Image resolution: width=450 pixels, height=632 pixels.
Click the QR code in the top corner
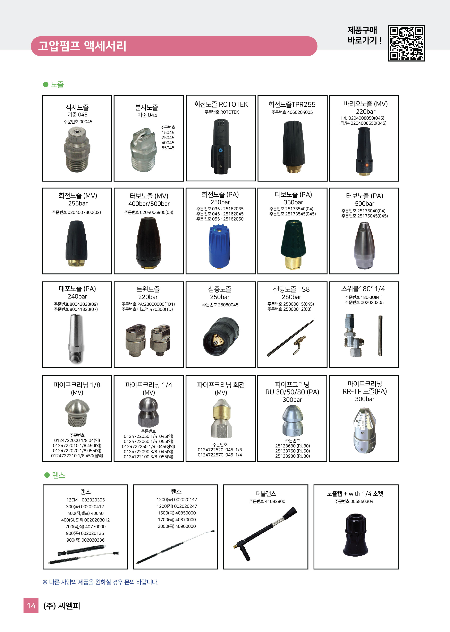(x=406, y=43)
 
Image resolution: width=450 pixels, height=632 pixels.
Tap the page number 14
(x=31, y=606)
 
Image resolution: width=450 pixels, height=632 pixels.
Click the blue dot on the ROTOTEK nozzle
(x=221, y=150)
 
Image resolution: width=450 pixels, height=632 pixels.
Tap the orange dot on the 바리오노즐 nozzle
(x=367, y=165)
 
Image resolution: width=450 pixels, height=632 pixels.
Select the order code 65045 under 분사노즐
(x=168, y=148)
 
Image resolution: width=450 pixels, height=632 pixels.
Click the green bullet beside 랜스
(x=47, y=475)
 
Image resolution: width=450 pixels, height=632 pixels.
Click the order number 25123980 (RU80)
(x=292, y=456)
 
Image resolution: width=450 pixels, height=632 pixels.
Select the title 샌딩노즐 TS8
(x=291, y=289)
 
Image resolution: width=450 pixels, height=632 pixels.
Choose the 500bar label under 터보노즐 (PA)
(x=364, y=204)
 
